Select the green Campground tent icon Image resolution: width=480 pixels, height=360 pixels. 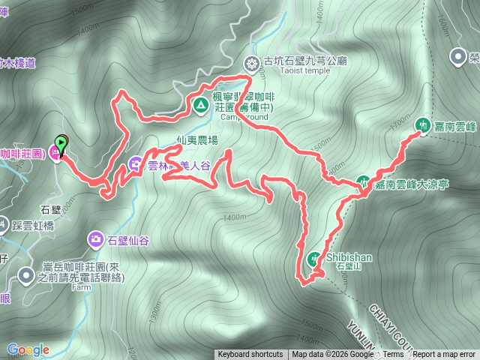coord(200,105)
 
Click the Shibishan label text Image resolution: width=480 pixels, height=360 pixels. coord(349,257)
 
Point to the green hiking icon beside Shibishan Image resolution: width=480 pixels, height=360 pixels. coord(313,259)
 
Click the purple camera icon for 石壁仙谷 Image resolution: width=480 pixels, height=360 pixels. coord(96,239)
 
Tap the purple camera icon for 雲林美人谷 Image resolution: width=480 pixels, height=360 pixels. coord(135,163)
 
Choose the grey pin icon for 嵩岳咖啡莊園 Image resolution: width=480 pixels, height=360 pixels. coord(27,277)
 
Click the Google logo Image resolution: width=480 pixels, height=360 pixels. coord(28,349)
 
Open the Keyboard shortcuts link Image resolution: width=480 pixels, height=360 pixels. coord(250,355)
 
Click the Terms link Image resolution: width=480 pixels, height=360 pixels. coord(393,355)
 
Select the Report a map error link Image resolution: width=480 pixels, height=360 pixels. coord(444,355)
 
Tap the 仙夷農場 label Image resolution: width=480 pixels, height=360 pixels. coord(197,139)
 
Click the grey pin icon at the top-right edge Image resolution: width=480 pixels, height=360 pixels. coord(458,56)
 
